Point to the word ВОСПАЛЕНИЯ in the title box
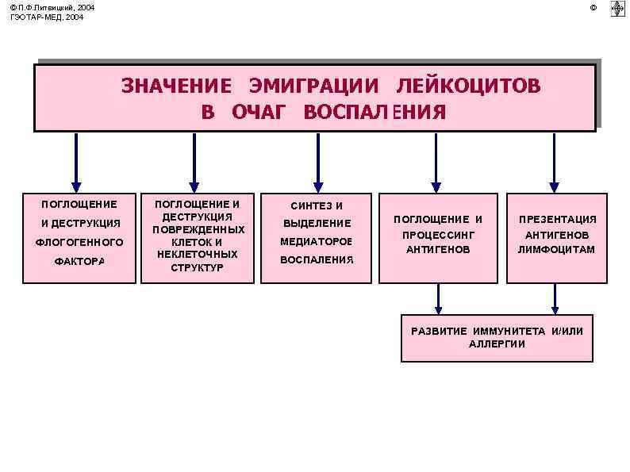point(375,112)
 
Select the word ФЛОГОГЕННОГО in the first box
point(79,242)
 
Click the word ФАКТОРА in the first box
point(79,261)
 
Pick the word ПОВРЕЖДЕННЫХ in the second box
point(198,229)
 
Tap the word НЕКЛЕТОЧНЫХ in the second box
point(198,255)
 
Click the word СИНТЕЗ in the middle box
point(305,206)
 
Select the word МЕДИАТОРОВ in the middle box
point(316,241)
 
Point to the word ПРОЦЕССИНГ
point(438,235)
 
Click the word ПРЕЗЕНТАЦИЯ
point(557,220)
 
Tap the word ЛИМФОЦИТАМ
point(557,250)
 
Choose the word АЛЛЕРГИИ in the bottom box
point(497,343)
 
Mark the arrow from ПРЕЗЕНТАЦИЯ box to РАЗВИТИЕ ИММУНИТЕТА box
point(555,299)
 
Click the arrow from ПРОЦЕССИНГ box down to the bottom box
point(438,299)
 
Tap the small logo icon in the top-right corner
point(617,9)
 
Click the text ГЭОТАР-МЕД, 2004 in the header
point(47,17)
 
